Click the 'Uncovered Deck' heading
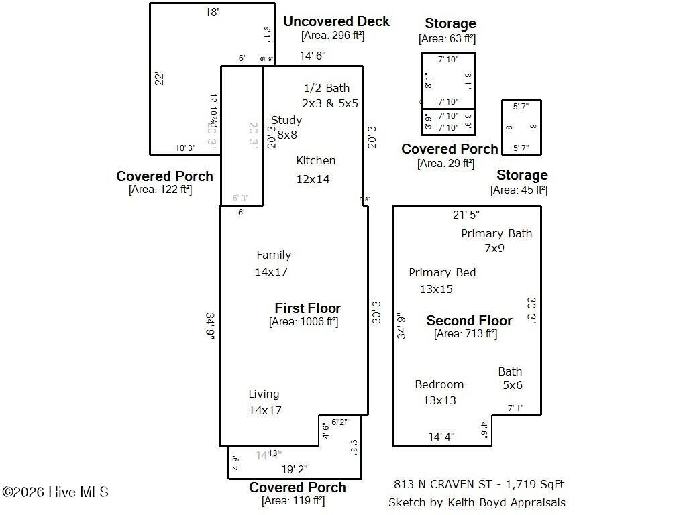[x=336, y=21]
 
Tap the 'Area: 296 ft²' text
[x=333, y=36]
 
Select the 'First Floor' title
[x=307, y=308]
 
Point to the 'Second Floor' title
[x=469, y=321]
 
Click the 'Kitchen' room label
[x=315, y=160]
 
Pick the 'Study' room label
[x=287, y=120]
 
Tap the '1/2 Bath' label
[x=327, y=88]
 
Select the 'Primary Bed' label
[x=442, y=272]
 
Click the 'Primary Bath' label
[x=496, y=233]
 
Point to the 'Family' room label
[x=274, y=255]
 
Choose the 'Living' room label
[x=264, y=394]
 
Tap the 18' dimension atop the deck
[x=212, y=11]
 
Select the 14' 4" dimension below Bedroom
[x=441, y=437]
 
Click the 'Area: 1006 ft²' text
[x=303, y=322]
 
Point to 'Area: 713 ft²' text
[x=466, y=333]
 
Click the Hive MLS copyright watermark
[x=55, y=492]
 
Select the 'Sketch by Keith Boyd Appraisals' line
[x=476, y=502]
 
